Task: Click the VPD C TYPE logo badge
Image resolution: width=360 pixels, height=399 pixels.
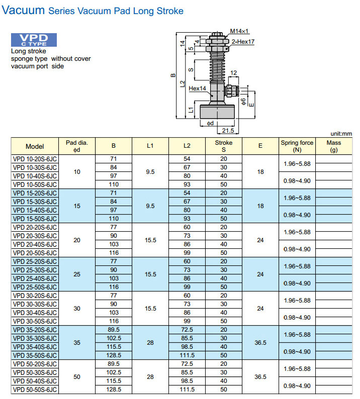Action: [34, 40]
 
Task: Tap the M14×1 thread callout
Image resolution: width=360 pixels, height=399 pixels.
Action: [240, 31]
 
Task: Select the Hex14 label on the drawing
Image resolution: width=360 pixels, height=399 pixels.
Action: [197, 88]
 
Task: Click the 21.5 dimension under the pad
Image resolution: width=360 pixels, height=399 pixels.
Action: [228, 131]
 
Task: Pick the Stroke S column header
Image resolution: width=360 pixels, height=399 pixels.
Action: [224, 146]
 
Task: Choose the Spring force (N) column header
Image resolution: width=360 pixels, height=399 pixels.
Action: [297, 146]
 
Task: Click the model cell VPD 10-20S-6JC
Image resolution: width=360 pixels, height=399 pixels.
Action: [35, 158]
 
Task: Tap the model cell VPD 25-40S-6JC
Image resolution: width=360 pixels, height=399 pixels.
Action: [35, 278]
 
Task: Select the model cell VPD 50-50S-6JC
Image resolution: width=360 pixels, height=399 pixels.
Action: [35, 389]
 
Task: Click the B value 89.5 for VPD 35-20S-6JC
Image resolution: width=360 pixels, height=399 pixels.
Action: [113, 329]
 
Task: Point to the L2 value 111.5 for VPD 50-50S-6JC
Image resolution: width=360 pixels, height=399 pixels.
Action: [187, 389]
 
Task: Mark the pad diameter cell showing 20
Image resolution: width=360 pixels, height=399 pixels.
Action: [76, 240]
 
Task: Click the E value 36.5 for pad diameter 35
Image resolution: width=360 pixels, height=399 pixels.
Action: [260, 342]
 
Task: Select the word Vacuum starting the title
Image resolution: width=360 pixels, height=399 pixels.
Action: [24, 10]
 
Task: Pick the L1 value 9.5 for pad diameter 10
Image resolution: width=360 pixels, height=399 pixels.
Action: [150, 171]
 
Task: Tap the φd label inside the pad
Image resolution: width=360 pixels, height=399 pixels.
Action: [210, 123]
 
